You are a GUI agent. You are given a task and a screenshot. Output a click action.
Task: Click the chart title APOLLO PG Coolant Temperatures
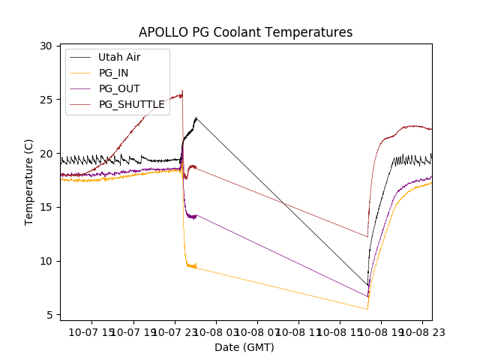click(x=245, y=32)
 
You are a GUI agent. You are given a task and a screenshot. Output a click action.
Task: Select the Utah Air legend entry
click(x=119, y=57)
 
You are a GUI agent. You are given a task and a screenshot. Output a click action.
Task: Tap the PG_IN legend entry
click(x=113, y=73)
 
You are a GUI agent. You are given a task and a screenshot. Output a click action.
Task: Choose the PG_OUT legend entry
click(x=119, y=88)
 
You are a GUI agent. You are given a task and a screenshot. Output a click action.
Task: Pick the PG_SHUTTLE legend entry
click(x=131, y=104)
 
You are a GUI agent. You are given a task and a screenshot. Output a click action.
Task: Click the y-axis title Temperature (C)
click(x=29, y=181)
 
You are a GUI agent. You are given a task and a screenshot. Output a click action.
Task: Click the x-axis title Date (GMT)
click(x=244, y=347)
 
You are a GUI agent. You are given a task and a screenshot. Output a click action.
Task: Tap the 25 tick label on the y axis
click(x=46, y=100)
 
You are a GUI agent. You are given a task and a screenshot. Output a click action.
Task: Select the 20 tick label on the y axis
click(x=46, y=154)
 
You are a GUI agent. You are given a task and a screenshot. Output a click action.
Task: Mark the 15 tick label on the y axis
click(x=46, y=207)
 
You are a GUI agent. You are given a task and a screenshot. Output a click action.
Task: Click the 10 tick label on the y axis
click(x=46, y=261)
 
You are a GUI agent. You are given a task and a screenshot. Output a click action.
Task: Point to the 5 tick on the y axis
click(x=49, y=315)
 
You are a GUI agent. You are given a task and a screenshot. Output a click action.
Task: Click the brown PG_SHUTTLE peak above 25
click(x=182, y=91)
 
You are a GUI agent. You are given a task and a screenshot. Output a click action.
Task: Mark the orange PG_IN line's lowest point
click(x=367, y=309)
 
